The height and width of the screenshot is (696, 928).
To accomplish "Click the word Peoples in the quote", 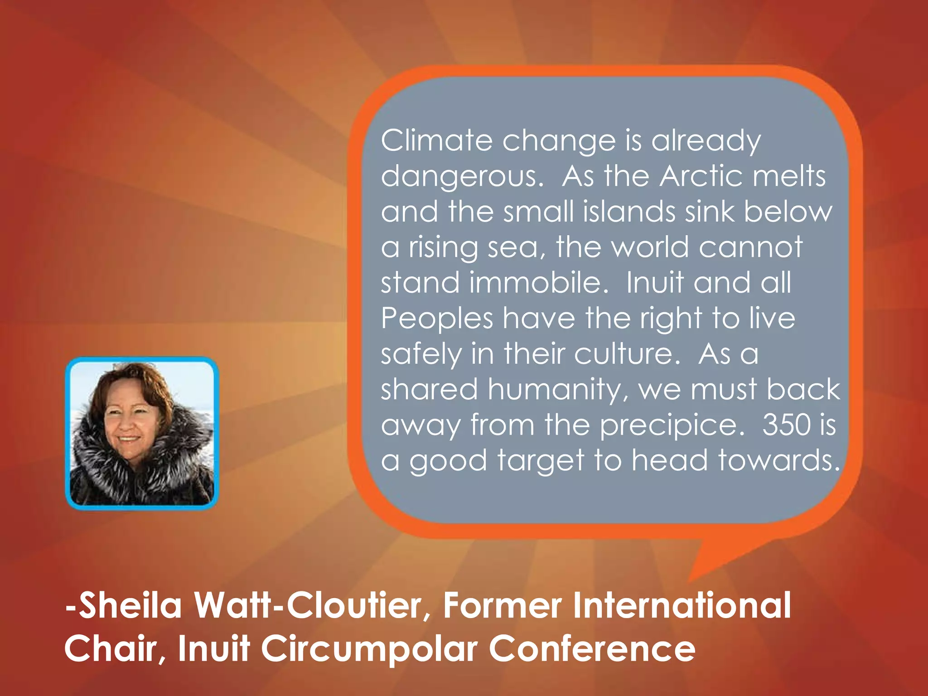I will [x=436, y=319].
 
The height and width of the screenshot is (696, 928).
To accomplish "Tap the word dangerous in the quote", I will [x=461, y=177].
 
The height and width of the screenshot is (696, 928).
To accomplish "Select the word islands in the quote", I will [x=630, y=212].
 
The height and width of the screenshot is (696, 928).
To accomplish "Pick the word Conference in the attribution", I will [x=592, y=648].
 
